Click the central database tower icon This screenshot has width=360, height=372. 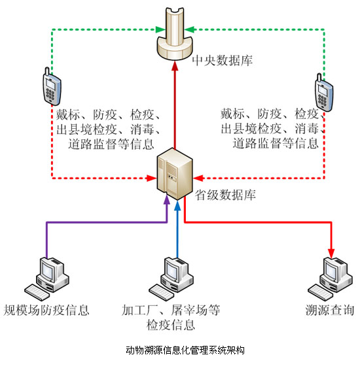(175, 34)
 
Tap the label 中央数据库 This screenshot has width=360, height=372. (223, 61)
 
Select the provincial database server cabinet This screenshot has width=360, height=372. (175, 174)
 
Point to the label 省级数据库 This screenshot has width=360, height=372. (225, 195)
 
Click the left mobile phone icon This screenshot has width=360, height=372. (52, 86)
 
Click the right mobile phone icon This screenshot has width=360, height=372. (324, 93)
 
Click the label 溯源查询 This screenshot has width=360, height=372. (330, 310)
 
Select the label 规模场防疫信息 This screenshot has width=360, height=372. (46, 310)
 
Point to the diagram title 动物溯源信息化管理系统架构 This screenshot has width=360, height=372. (185, 350)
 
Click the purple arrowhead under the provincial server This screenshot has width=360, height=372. (167, 201)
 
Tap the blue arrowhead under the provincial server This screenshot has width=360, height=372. (177, 206)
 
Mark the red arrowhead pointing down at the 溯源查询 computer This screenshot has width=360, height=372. (331, 254)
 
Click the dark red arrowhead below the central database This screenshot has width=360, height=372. (175, 65)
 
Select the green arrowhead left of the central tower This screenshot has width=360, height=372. (160, 29)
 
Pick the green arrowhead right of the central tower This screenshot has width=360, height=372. (190, 29)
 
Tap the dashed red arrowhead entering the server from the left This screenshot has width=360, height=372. (151, 178)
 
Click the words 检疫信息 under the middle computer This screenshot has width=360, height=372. (171, 325)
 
